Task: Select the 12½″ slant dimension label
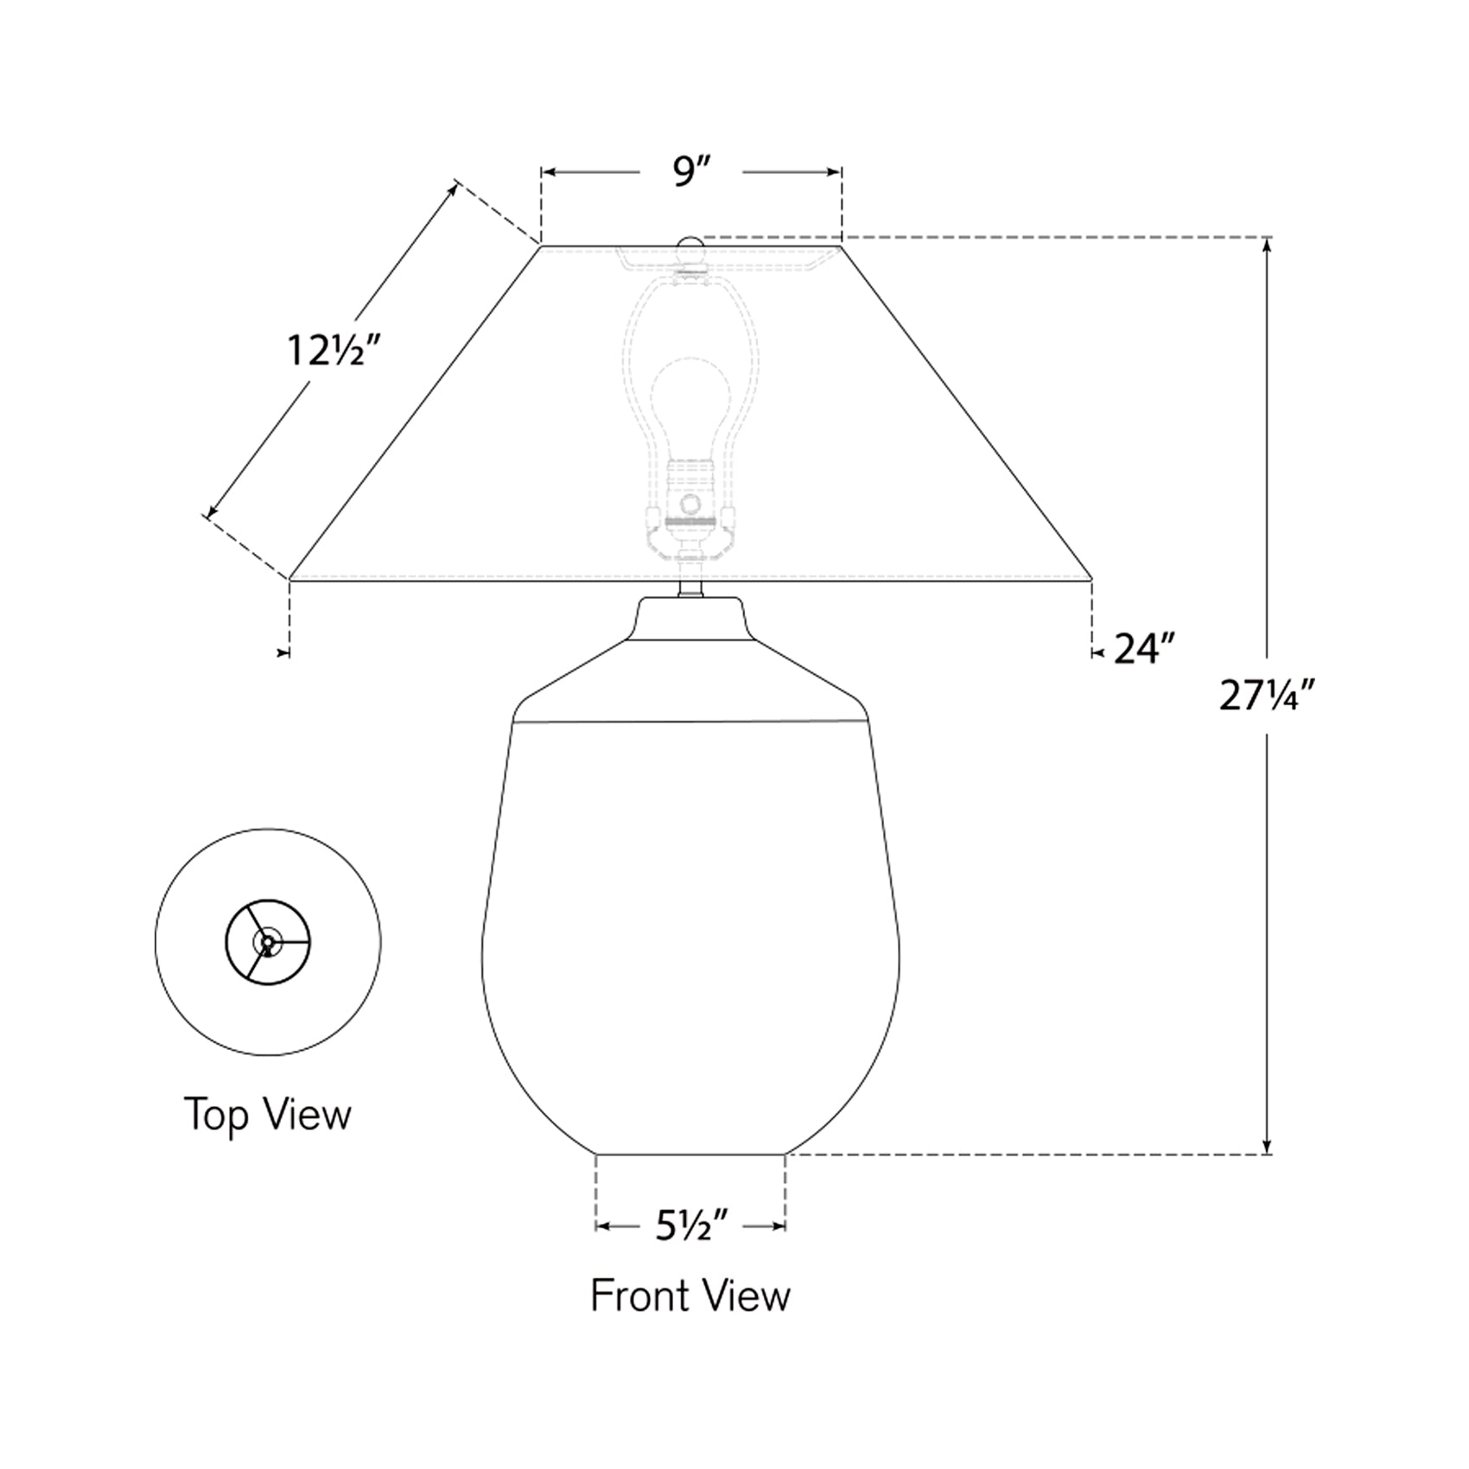pos(334,351)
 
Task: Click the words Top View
pos(268,1114)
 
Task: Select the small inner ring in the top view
pos(268,943)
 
